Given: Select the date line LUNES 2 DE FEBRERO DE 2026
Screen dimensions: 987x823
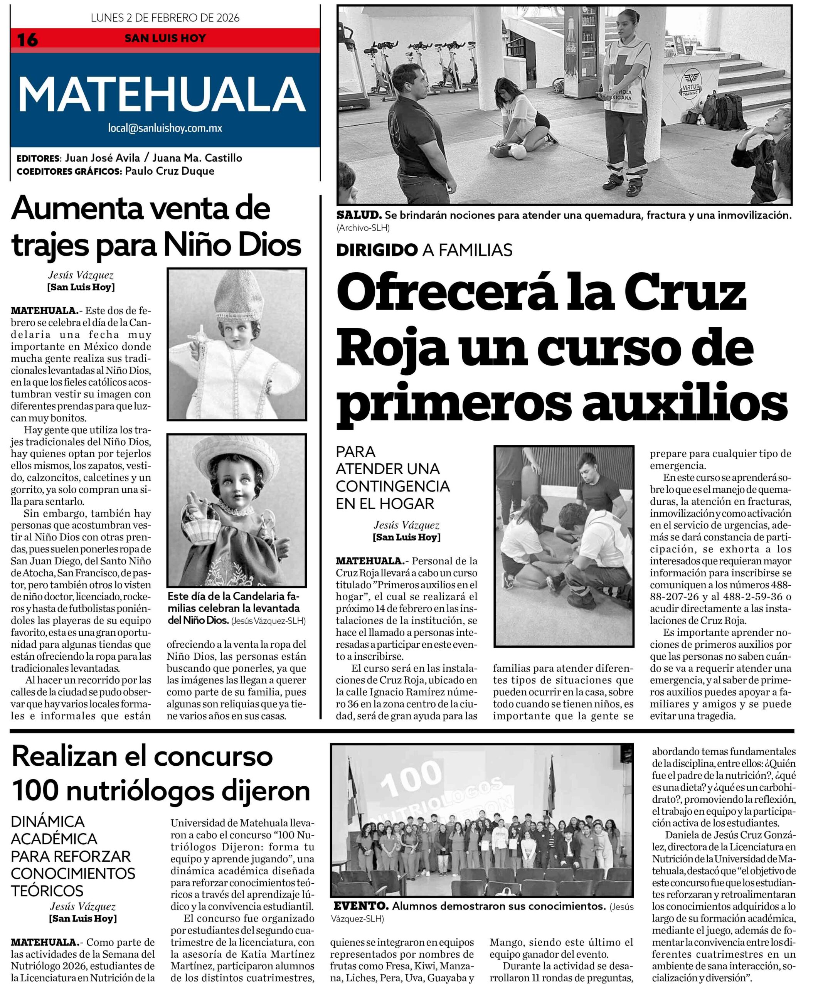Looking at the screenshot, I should (165, 18).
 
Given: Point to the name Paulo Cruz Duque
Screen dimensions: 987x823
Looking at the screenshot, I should (170, 171).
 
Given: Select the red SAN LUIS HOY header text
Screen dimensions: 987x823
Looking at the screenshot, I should (165, 38).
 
